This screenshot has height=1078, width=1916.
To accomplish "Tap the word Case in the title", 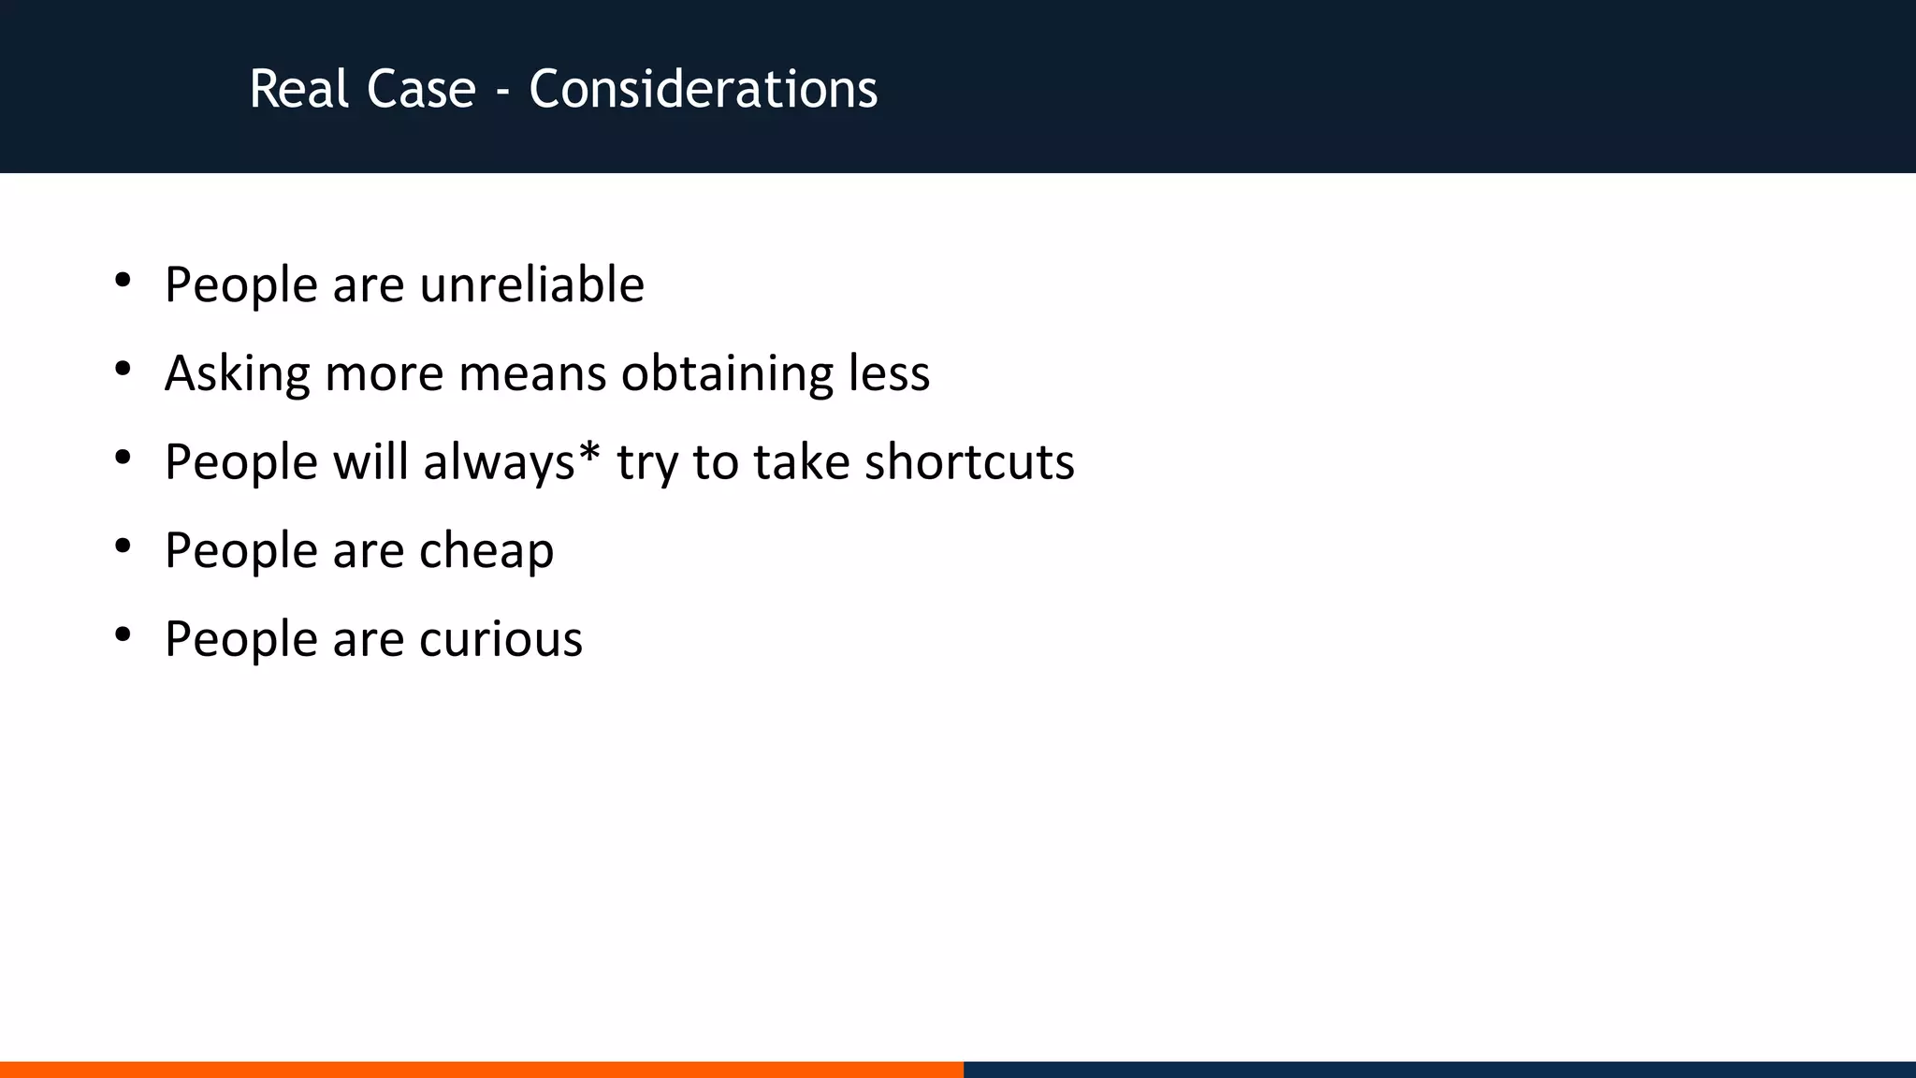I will [421, 90].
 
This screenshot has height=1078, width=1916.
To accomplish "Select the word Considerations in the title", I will [703, 90].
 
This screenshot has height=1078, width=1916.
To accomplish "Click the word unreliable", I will [531, 284].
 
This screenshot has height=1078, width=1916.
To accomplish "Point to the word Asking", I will [238, 373].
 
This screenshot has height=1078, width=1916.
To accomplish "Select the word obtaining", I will [727, 373].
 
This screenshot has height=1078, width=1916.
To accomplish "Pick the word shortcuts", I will [969, 462].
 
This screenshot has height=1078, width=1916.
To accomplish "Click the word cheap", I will [486, 550].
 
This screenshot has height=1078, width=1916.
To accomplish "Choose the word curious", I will [501, 639].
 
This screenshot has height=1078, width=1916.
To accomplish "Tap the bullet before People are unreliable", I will [123, 281].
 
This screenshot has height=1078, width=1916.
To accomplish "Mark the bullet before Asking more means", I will [123, 370].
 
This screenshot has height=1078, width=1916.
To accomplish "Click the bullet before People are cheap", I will [123, 546].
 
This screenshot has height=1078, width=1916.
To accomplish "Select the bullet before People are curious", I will [123, 635].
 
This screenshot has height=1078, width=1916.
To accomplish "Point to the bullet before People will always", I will [123, 459].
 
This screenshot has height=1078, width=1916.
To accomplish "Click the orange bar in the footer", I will [481, 1069].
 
